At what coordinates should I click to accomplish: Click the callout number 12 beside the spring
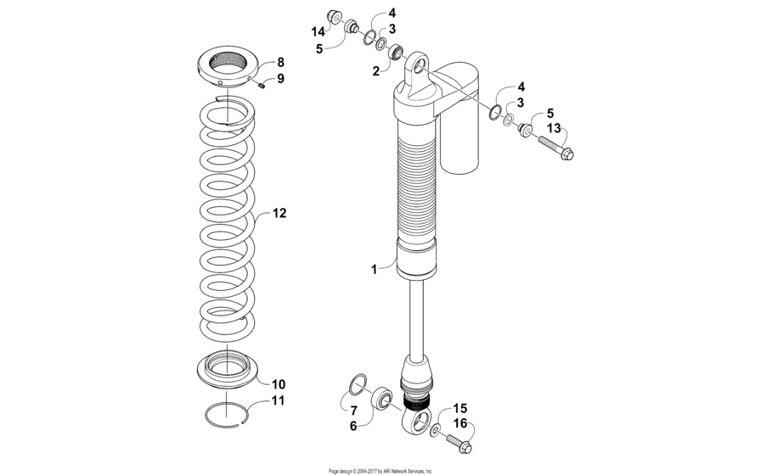tap(279, 214)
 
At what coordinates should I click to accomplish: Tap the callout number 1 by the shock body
tap(373, 269)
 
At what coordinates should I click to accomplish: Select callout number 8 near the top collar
tap(280, 63)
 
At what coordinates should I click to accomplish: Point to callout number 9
tap(280, 79)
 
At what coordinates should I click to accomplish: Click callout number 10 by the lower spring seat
tap(279, 384)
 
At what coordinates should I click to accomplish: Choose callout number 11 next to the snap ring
tap(279, 400)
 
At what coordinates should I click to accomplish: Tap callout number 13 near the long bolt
tap(554, 129)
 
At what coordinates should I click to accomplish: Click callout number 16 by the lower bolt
tap(459, 422)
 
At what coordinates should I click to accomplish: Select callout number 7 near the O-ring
tap(353, 410)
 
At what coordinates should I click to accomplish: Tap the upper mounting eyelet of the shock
tap(418, 63)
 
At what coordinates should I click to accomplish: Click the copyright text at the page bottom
tap(380, 470)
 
